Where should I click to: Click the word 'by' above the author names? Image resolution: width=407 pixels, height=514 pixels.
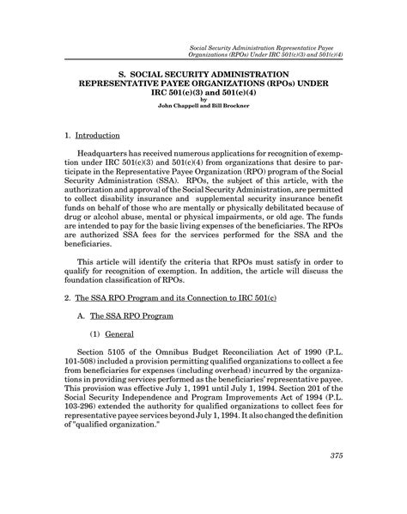[x=203, y=98]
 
